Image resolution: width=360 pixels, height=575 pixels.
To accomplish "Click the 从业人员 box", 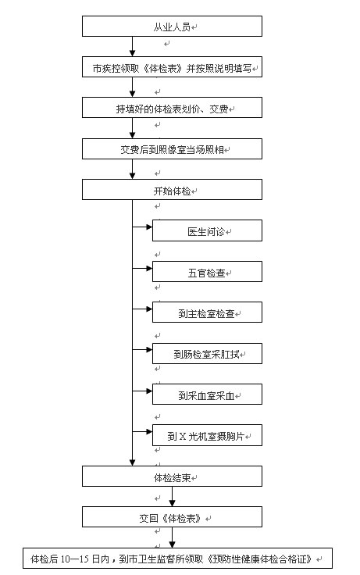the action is coord(172,26).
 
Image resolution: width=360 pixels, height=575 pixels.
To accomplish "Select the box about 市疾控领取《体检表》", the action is coord(172,66).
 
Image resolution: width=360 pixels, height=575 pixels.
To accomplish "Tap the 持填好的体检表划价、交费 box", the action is coord(172,108).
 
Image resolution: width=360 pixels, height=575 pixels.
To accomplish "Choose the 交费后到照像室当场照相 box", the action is coord(172,148).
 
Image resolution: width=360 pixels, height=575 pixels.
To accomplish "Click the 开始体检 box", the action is coord(172,189).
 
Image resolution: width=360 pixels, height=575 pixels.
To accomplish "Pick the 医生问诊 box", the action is coord(207,230).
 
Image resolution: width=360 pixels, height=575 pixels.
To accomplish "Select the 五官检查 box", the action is coord(207,271).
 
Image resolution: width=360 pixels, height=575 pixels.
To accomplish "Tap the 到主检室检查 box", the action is coord(207,312).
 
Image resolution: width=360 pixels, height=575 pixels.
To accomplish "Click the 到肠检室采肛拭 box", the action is coord(207,353).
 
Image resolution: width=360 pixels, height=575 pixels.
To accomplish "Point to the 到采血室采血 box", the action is coord(207,394).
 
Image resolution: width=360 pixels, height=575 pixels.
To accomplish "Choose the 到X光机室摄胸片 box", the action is coord(207,435).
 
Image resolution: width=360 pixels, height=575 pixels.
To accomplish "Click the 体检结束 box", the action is coord(172,477).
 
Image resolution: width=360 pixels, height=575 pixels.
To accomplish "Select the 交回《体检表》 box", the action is coord(172,516).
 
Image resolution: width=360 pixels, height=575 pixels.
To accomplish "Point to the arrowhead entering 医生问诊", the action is coord(149,227).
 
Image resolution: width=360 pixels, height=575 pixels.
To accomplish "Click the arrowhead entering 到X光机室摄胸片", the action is coord(149,431).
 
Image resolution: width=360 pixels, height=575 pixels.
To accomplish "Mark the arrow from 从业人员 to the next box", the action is coord(132,47).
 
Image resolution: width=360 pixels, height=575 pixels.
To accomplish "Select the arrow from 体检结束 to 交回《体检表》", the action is coord(172,497).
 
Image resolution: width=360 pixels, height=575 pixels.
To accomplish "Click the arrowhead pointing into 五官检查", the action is coord(149,268).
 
